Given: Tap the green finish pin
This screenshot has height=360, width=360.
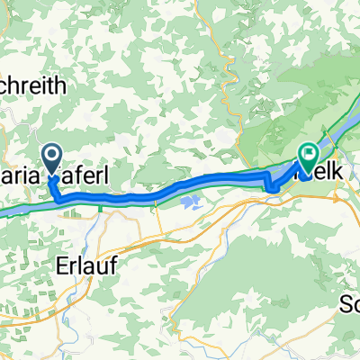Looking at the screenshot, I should [x=309, y=155].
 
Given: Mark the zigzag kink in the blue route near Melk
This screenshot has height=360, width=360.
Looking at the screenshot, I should [x=268, y=184].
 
